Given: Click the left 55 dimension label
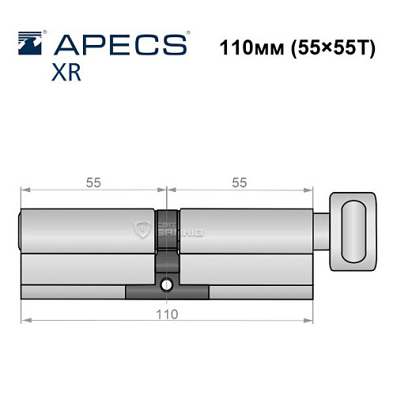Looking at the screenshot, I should point(93,182).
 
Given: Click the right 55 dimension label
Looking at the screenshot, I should point(240,182).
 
